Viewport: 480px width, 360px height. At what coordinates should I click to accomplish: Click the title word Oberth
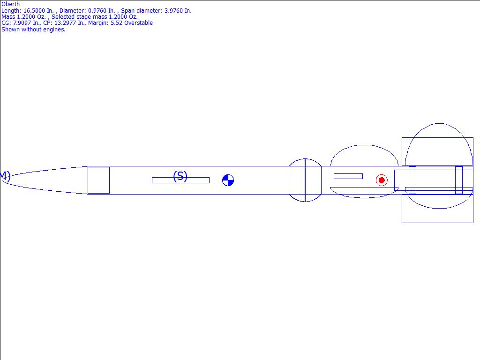pos(11,4)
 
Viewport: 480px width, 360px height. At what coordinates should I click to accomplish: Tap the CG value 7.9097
pos(22,23)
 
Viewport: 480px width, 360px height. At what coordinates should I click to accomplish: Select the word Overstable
pos(138,23)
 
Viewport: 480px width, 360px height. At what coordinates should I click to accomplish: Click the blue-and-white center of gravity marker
pos(228,180)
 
